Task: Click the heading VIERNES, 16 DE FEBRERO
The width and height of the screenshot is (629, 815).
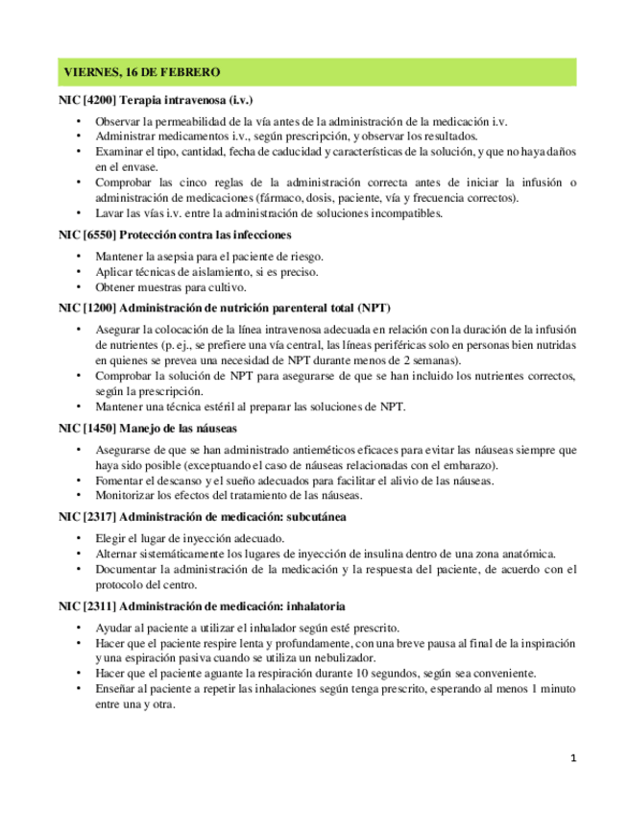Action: pos(141,72)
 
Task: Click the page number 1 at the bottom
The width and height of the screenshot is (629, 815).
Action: pos(572,758)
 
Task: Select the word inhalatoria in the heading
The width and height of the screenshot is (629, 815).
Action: pos(314,606)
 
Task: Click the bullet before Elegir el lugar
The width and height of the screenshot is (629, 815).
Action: pos(78,538)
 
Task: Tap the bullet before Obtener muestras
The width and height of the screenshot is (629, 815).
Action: pos(78,287)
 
